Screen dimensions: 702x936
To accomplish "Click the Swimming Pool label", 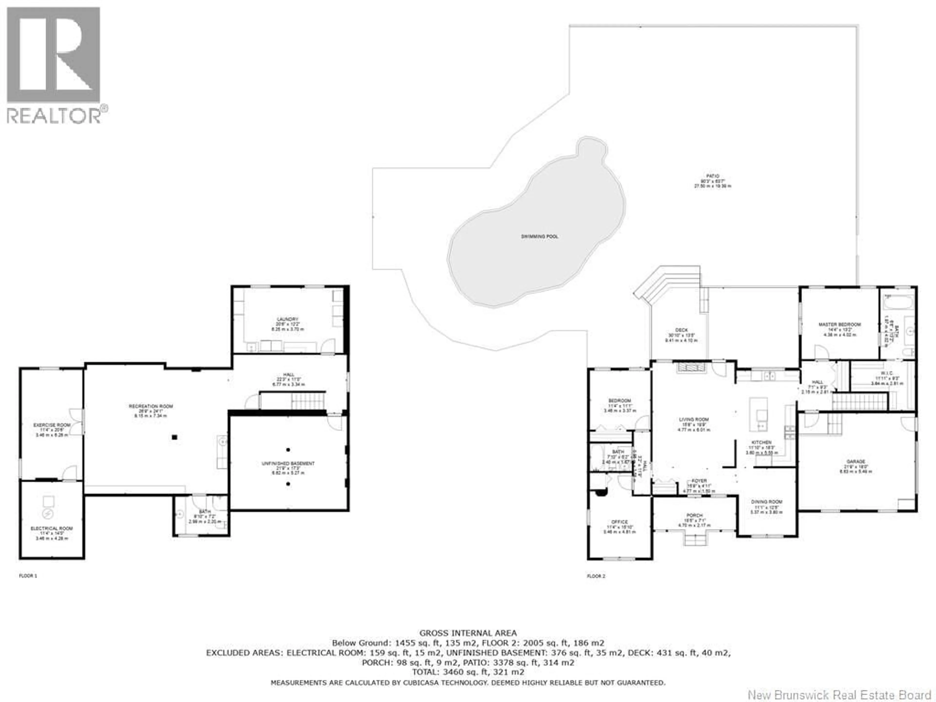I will coord(539,236).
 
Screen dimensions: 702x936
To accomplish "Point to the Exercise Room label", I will coord(52,425).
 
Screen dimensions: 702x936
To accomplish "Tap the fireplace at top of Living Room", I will coord(692,367).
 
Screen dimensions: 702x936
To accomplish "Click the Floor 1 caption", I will coord(28,576).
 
